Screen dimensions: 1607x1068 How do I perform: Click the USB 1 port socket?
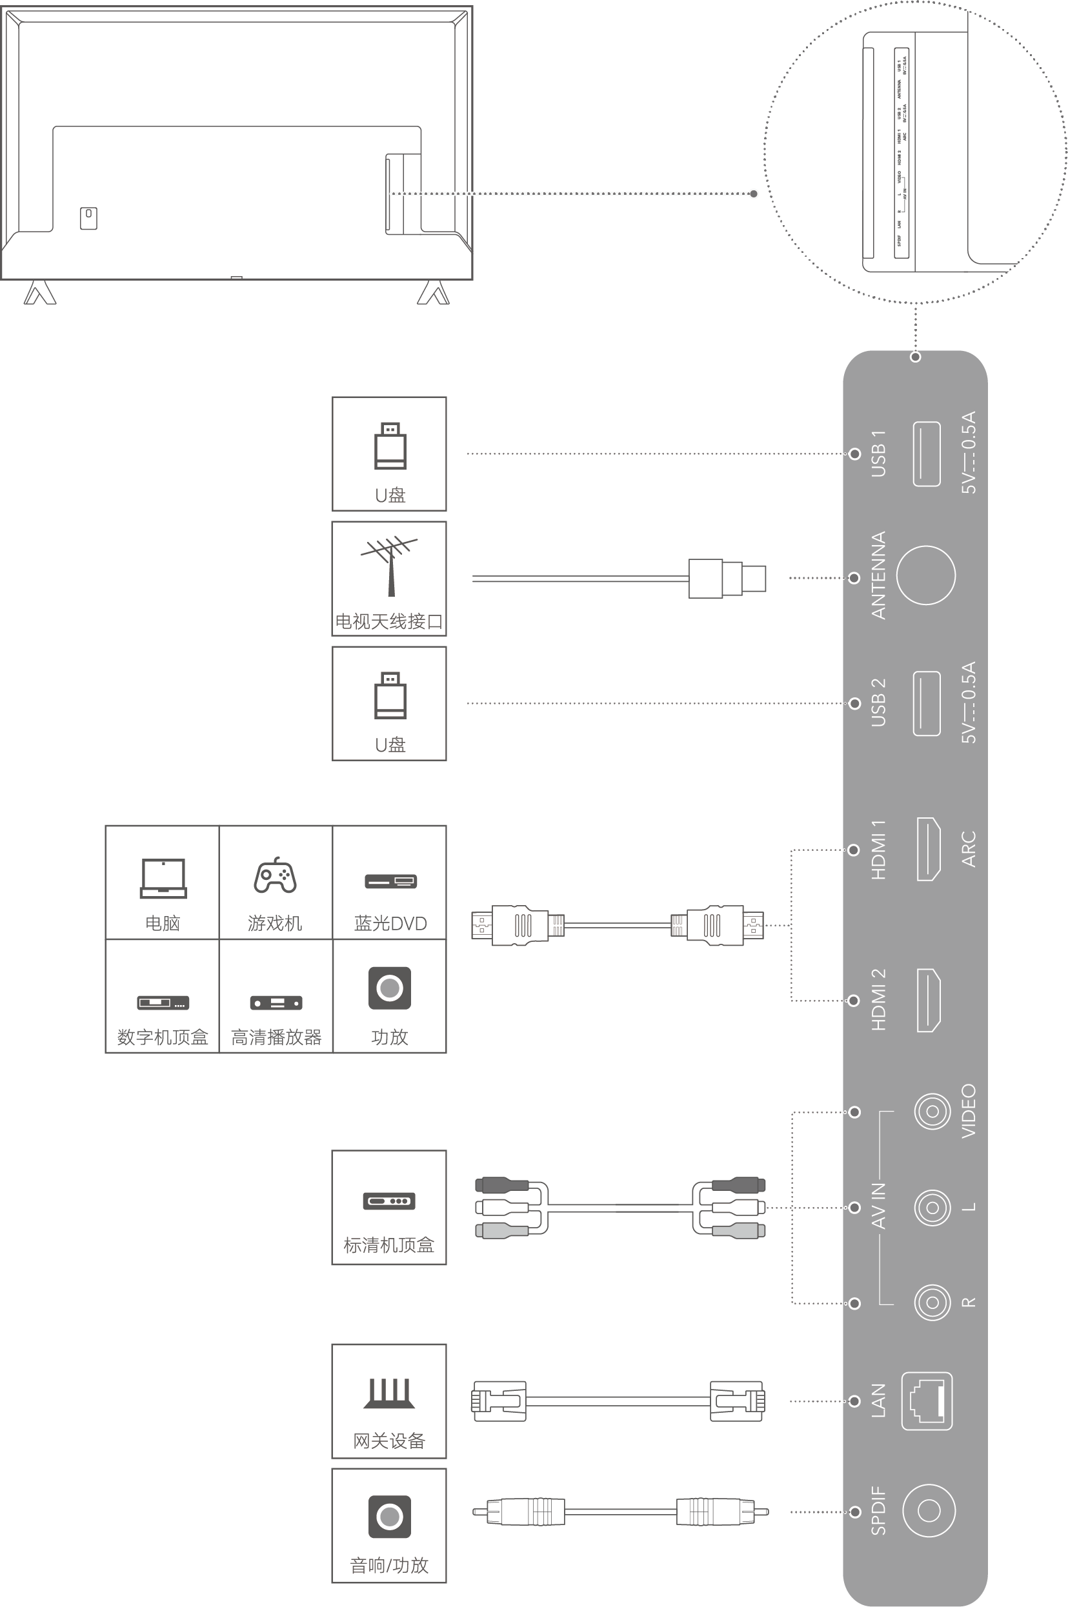[926, 454]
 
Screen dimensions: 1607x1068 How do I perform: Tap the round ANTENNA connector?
[925, 575]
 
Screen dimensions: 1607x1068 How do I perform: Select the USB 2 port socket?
[926, 703]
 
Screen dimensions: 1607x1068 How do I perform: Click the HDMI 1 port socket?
[929, 849]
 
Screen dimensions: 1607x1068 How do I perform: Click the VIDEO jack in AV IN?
[932, 1112]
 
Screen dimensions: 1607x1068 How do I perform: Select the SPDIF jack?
[929, 1510]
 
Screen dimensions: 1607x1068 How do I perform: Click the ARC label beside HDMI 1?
[969, 849]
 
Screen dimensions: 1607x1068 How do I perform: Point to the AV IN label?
[879, 1206]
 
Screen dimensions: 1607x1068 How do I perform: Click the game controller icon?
[275, 875]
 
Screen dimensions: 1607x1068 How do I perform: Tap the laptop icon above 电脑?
[163, 879]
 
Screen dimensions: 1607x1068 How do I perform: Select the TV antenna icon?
[389, 565]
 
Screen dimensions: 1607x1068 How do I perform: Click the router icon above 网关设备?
[389, 1393]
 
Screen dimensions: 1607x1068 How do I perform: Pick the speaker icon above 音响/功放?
[389, 1517]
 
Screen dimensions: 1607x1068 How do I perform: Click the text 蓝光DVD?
[390, 923]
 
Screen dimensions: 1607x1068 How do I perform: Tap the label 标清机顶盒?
[389, 1246]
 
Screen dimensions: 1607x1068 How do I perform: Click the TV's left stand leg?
[39, 293]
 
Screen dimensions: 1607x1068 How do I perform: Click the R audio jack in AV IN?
[932, 1303]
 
